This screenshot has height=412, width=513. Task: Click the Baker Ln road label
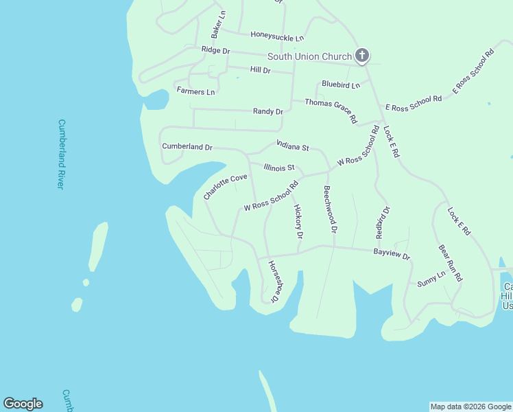[218, 24]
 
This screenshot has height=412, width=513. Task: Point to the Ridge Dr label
[215, 50]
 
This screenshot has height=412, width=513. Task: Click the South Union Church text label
[309, 56]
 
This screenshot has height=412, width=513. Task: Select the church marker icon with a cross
[362, 56]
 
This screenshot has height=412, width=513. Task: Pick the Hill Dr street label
[261, 70]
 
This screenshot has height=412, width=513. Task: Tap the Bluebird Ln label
[341, 85]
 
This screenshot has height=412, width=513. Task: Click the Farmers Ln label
[195, 91]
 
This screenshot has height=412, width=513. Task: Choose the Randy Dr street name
[267, 111]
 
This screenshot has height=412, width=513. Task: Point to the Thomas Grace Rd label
[331, 109]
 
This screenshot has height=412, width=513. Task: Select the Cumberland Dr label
[187, 147]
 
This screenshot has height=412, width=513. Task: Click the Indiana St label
[293, 146]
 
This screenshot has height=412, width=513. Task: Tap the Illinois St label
[279, 168]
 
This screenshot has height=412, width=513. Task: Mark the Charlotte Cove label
[225, 187]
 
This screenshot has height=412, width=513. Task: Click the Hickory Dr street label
[298, 220]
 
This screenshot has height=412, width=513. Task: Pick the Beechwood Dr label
[330, 209]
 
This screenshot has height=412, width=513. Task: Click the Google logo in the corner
[23, 404]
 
